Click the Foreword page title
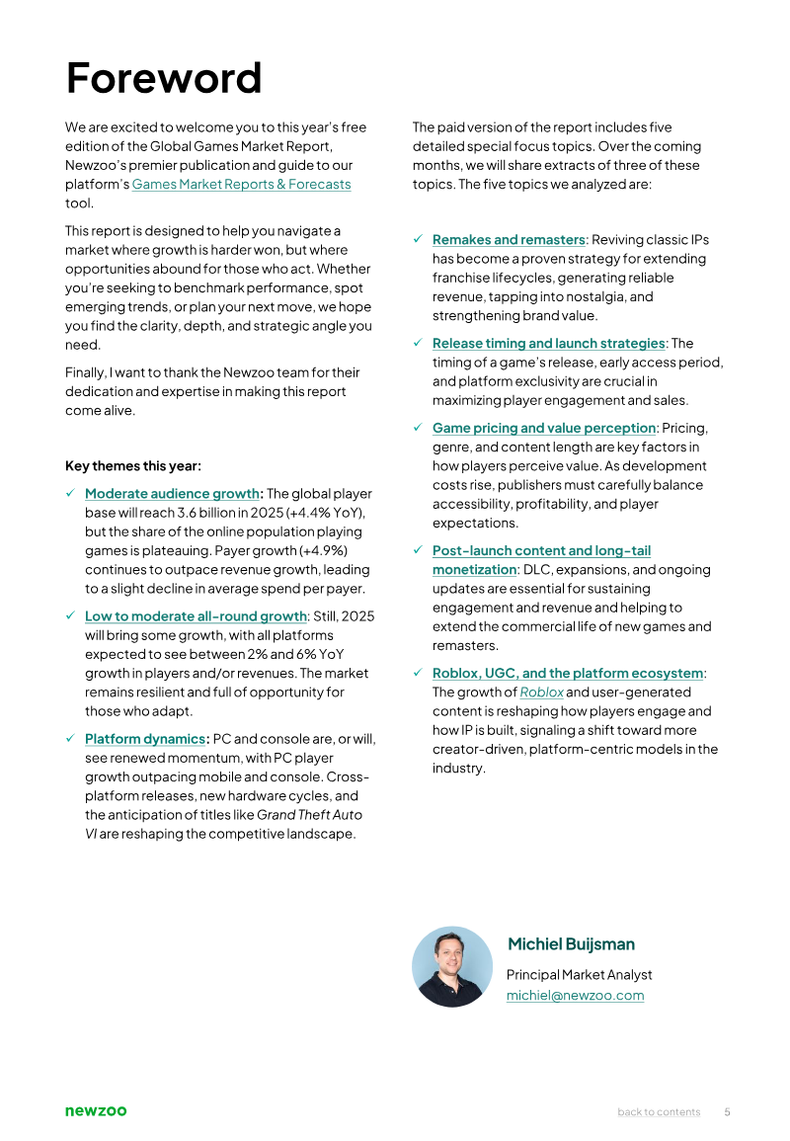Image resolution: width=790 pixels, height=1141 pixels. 164,78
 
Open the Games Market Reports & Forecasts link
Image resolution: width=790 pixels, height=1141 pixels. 241,184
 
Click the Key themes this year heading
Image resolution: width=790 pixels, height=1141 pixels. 132,465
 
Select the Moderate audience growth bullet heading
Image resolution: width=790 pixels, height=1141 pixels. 172,494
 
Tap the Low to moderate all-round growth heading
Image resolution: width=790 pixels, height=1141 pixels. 196,616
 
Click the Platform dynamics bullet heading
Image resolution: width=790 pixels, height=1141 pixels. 145,739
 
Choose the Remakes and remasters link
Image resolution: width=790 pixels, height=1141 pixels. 509,240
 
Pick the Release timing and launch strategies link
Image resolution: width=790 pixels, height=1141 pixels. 548,344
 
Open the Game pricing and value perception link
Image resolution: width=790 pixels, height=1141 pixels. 544,428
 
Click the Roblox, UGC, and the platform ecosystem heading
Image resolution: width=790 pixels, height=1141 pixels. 568,674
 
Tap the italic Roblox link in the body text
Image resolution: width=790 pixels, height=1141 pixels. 541,693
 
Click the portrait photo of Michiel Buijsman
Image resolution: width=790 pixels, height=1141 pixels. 451,966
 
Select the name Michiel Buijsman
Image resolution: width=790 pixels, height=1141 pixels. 571,944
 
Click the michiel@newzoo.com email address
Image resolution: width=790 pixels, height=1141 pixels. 575,996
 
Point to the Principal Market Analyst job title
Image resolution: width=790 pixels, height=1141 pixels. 579,975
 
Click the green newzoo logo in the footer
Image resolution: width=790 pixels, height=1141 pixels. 96,1111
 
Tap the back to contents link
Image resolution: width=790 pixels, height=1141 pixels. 659,1112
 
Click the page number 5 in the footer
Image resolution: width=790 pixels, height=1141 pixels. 727,1112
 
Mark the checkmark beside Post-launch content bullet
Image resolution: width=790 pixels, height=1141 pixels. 418,550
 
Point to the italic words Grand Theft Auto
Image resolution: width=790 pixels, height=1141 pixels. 309,815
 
